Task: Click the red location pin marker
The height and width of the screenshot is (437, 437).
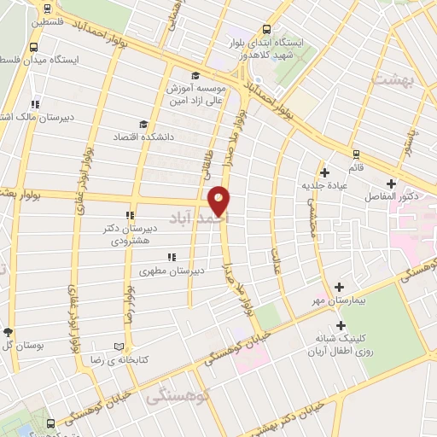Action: (220, 201)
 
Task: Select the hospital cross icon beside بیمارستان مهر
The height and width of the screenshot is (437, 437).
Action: (340, 288)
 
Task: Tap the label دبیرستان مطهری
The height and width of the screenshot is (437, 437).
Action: (169, 271)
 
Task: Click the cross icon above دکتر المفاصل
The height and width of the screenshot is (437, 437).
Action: (391, 183)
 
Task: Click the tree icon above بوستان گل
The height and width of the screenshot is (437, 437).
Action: (8, 332)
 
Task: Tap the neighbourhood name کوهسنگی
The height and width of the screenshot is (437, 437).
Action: (170, 398)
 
